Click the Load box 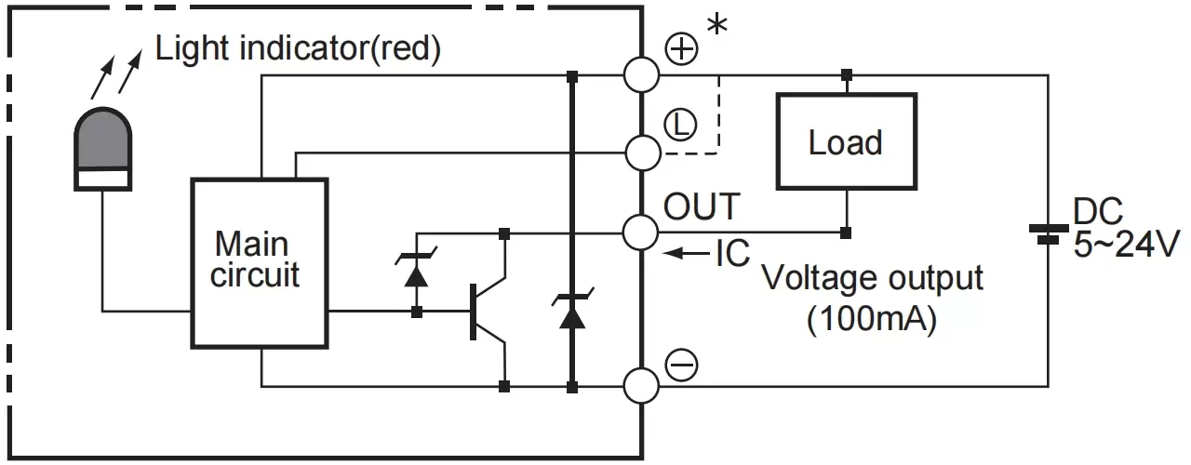pyautogui.click(x=846, y=142)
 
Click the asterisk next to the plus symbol pyautogui.click(x=717, y=25)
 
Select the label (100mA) pyautogui.click(x=872, y=319)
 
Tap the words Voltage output pyautogui.click(x=872, y=279)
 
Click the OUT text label pyautogui.click(x=701, y=206)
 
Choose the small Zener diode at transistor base pyautogui.click(x=417, y=272)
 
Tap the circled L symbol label pyautogui.click(x=680, y=123)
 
